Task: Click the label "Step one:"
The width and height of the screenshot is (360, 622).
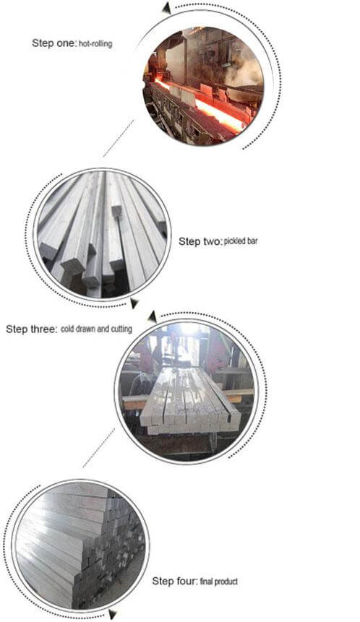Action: coord(54,43)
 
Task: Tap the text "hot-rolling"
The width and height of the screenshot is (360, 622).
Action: coord(95,43)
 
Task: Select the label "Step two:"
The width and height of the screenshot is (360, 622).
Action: coord(200,241)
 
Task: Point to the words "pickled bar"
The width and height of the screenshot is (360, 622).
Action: coord(241,241)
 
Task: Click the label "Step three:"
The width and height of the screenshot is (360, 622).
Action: coord(32,329)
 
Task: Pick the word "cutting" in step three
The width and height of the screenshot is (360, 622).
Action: coord(121,329)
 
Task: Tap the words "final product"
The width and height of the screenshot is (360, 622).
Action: coord(219,582)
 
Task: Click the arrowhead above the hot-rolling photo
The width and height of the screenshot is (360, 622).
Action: coord(166,7)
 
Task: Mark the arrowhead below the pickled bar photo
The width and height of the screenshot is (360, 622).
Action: coord(134,303)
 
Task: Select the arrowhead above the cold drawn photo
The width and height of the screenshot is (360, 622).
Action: coord(152,317)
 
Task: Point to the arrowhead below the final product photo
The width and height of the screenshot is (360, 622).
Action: coord(112,615)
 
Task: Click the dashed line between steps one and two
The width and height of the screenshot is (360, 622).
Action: coord(119,138)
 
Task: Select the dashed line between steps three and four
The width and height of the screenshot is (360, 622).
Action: coord(99,447)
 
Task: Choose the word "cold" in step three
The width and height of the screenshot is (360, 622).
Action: coord(68,329)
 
